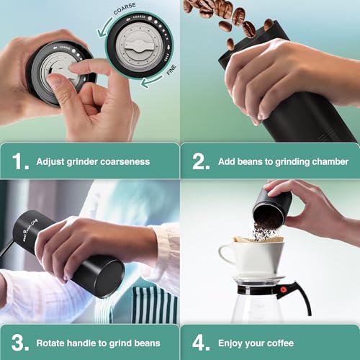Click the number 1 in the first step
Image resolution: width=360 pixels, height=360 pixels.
coord(21,161)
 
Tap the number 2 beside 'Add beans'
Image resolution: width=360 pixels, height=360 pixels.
coord(201,161)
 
